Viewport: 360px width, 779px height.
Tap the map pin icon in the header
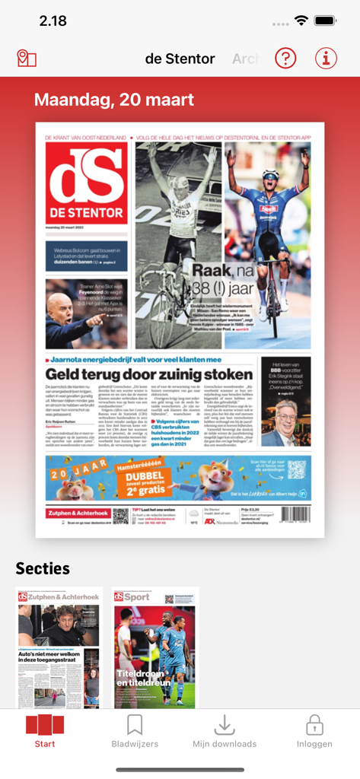click(x=27, y=59)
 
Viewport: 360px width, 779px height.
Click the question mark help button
click(x=285, y=58)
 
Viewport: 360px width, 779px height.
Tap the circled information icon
click(x=326, y=58)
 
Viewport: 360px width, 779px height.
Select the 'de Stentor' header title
click(x=180, y=59)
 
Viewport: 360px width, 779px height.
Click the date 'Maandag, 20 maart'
click(x=114, y=100)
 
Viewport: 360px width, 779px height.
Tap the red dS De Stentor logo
click(x=86, y=183)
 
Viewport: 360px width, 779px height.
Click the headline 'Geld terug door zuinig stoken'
click(x=148, y=374)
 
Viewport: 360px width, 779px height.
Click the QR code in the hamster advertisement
click(x=297, y=469)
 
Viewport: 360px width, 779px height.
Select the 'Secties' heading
click(x=43, y=568)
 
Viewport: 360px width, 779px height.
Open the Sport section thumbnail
click(x=155, y=648)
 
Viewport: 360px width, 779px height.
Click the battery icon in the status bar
click(x=326, y=21)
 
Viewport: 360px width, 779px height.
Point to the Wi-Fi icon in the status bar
click(x=301, y=21)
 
